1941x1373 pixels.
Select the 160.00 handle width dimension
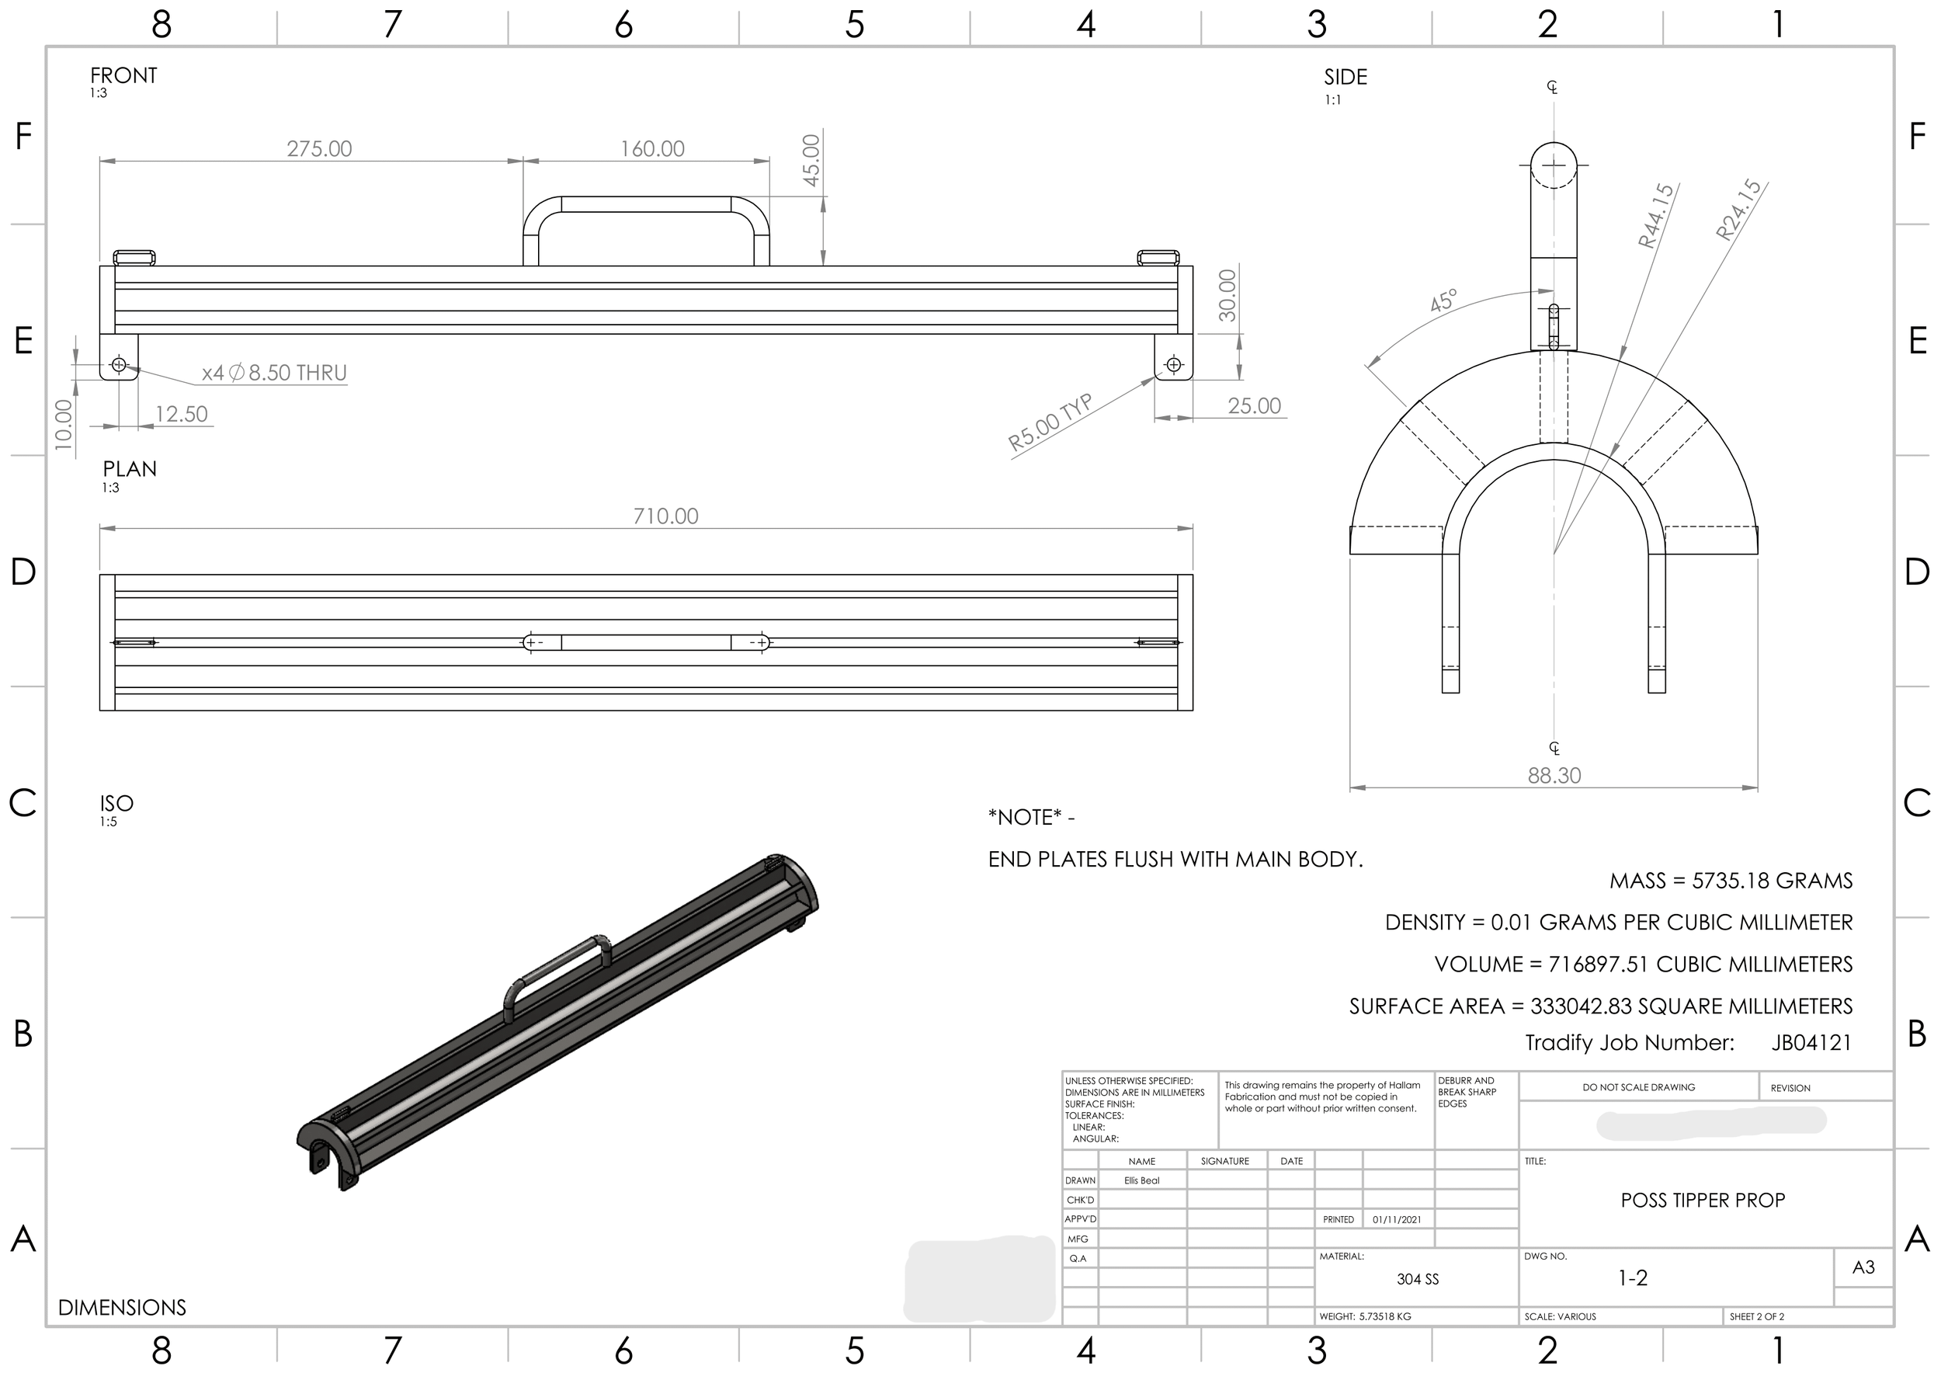point(652,149)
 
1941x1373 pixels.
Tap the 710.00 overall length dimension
point(665,516)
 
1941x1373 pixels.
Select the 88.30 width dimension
point(1554,775)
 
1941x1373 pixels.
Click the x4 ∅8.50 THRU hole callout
point(274,373)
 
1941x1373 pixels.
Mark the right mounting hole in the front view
point(1173,364)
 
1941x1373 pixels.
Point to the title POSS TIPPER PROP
point(1702,1200)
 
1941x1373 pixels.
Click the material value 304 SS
point(1417,1279)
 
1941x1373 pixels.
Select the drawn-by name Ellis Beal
point(1141,1180)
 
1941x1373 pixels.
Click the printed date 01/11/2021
point(1397,1219)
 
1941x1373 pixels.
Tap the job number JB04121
point(1811,1042)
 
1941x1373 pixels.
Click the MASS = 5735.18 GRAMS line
point(1730,881)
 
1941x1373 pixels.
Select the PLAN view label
point(130,469)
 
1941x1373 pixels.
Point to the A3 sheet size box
point(1863,1267)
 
